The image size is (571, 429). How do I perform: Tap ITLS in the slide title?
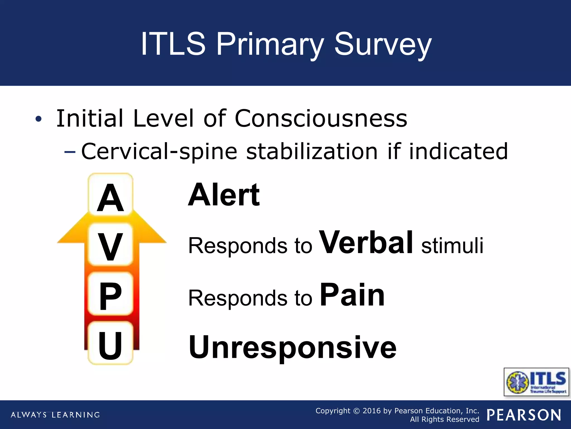coord(173,44)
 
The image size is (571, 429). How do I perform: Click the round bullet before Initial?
coord(38,119)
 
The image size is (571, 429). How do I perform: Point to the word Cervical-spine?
coord(159,151)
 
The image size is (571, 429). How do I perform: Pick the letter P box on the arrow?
coord(110,295)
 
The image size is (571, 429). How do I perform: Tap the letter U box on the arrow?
coord(110,344)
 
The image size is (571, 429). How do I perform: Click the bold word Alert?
coord(224,195)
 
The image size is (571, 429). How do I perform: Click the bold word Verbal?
coord(366,242)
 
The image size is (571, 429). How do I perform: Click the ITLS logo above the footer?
coord(536,382)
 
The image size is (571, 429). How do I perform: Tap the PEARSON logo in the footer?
coord(524,415)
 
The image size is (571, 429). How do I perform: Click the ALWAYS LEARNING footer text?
coord(55,415)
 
